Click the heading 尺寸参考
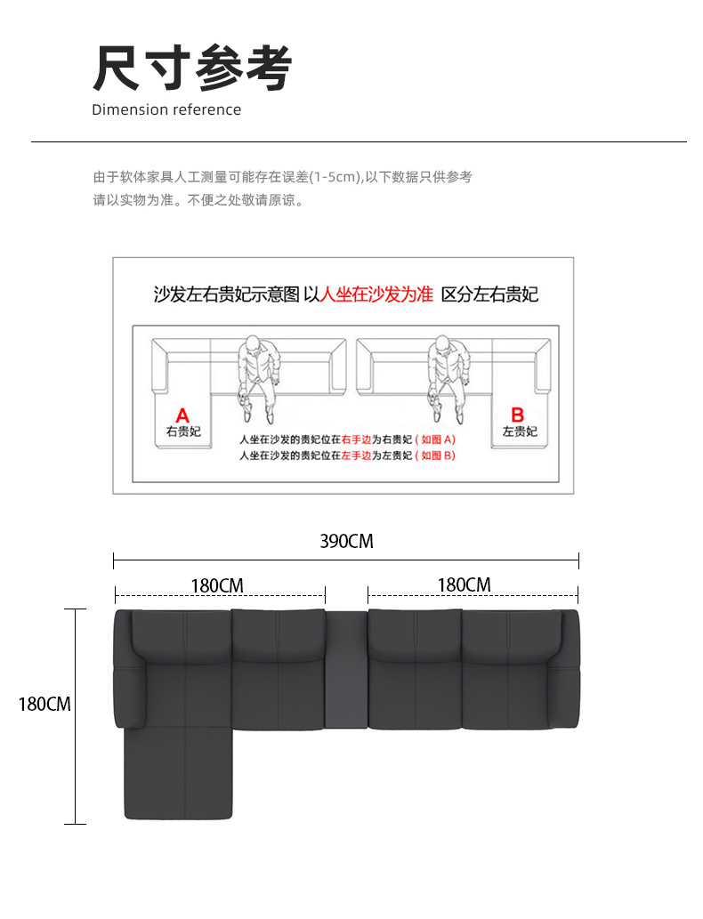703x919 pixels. pos(192,68)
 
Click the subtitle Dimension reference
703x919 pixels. pos(166,109)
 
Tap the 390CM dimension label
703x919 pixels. pos(346,541)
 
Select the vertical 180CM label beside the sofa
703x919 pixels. pos(44,704)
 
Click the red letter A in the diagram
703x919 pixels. pos(182,415)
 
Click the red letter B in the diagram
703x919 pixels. pos(517,415)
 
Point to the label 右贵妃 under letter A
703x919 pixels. pos(183,431)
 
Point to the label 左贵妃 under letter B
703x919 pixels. pos(520,431)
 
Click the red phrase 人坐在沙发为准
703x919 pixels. pos(377,294)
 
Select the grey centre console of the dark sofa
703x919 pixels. pos(346,669)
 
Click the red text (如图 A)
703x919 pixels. pos(435,439)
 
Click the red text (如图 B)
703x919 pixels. pos(435,455)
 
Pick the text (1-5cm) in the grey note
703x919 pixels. pos(335,177)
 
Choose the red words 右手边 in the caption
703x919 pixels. pos(357,439)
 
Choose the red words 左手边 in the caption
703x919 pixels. pos(357,455)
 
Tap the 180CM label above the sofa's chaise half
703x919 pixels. pos(217,585)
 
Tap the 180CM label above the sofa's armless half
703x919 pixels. pos(465,584)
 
